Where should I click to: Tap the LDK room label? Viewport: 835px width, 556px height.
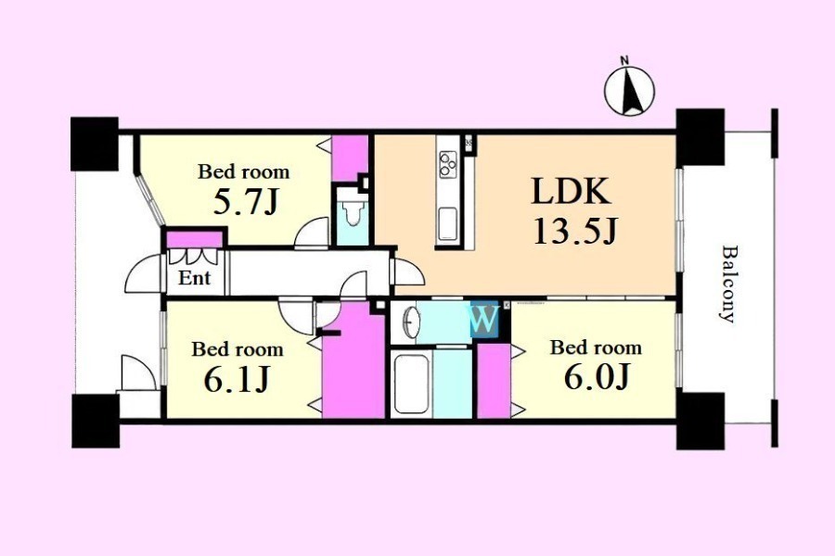pyautogui.click(x=571, y=192)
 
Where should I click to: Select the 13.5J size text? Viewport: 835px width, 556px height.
pyautogui.click(x=574, y=232)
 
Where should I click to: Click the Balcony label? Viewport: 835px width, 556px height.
pyautogui.click(x=727, y=284)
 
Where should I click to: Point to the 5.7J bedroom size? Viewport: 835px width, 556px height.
pyautogui.click(x=246, y=202)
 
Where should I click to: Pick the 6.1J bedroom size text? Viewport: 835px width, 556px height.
pyautogui.click(x=236, y=379)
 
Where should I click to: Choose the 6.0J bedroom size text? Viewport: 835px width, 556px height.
pyautogui.click(x=597, y=377)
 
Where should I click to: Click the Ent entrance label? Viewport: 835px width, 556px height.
pyautogui.click(x=194, y=278)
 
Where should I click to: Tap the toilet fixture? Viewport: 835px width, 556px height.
pyautogui.click(x=352, y=214)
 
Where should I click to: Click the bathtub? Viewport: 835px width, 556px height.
pyautogui.click(x=411, y=383)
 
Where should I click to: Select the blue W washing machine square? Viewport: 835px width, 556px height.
pyautogui.click(x=484, y=321)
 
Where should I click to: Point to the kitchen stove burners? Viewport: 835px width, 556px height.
pyautogui.click(x=447, y=163)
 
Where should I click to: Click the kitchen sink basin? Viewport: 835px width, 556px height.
pyautogui.click(x=447, y=225)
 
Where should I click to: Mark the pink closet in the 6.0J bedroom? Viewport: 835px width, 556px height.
pyautogui.click(x=494, y=381)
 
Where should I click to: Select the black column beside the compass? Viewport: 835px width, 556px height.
pyautogui.click(x=700, y=137)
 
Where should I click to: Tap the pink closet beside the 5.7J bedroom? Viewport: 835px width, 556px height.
pyautogui.click(x=350, y=158)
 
